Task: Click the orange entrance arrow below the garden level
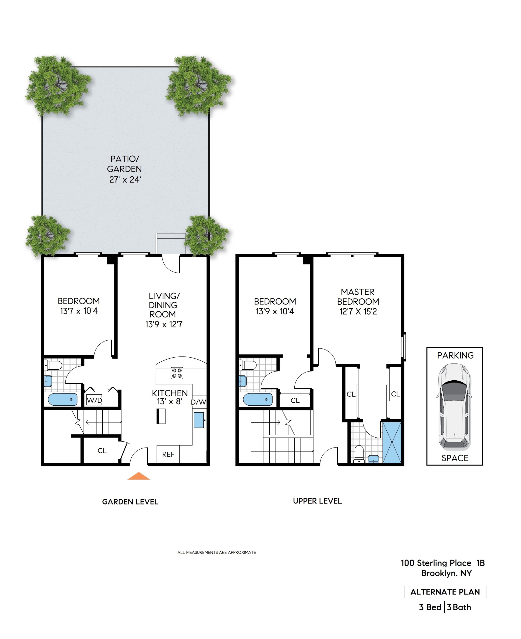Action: click(138, 476)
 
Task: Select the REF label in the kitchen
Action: click(168, 455)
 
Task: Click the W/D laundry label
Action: click(94, 400)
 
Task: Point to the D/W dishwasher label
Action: click(199, 402)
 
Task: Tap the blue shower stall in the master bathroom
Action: click(392, 442)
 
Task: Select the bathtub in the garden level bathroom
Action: click(63, 399)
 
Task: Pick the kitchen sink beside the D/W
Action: click(199, 420)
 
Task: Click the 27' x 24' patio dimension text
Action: click(125, 180)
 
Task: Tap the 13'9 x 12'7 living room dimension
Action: click(164, 324)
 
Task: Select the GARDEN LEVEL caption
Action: click(130, 502)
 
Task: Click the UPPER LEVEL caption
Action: click(317, 501)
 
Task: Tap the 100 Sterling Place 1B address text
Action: click(443, 563)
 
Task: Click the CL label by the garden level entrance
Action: click(102, 451)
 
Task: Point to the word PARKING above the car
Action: click(455, 356)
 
